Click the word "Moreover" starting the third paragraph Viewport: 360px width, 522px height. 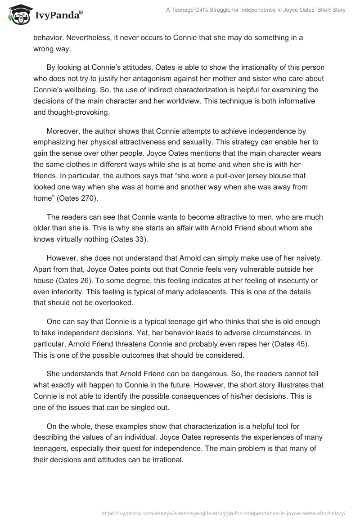63,131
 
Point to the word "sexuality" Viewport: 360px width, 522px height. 189,142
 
